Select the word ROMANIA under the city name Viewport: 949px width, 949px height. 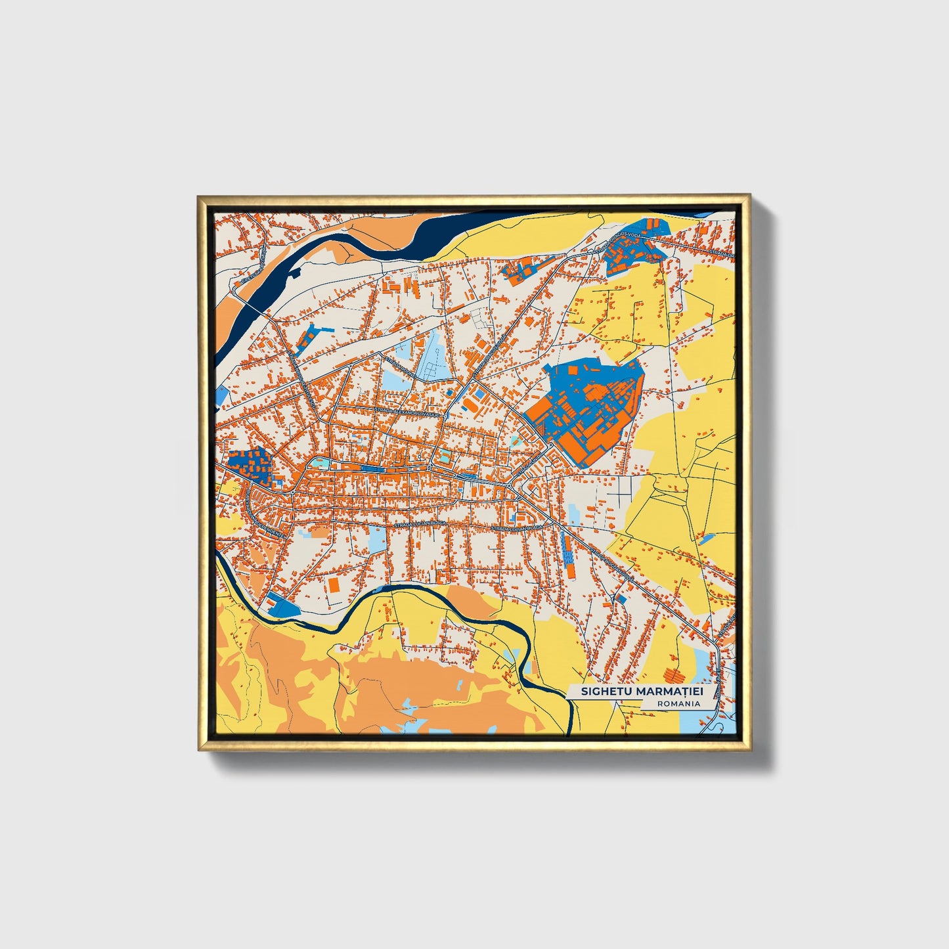678,703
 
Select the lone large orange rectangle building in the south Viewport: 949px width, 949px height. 334,585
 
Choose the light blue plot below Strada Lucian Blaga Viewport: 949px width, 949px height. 377,539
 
